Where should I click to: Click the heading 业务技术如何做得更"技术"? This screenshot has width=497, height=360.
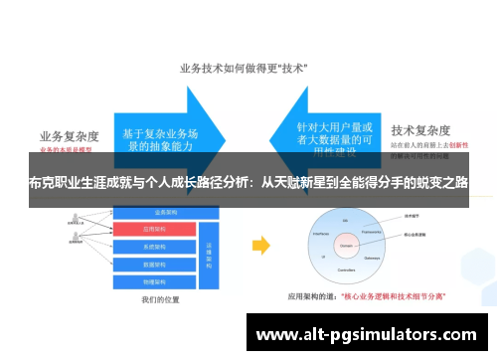[x=248, y=69]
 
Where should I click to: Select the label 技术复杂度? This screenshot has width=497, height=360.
[x=422, y=130]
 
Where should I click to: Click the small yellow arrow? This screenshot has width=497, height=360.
[x=260, y=245]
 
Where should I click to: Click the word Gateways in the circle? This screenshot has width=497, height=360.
[x=374, y=255]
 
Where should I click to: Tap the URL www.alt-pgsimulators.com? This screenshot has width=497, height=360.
[x=367, y=334]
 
